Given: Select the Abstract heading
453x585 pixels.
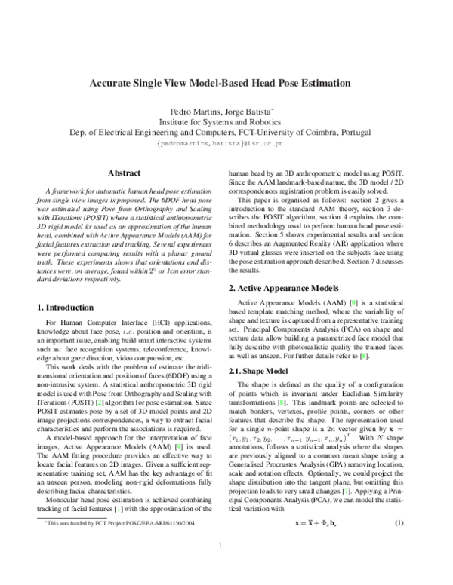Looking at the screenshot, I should pos(125,173).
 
